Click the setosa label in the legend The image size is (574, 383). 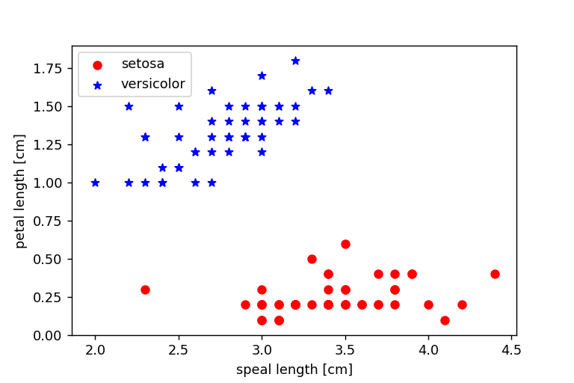[x=142, y=64]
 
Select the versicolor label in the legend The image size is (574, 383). [x=152, y=84]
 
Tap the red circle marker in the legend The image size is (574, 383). [x=97, y=65]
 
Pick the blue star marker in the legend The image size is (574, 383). [x=97, y=85]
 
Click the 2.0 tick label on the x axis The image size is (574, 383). [x=95, y=349]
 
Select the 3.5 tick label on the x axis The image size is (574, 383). [x=345, y=349]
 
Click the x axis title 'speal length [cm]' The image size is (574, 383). [x=294, y=370]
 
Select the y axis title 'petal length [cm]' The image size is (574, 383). [x=20, y=191]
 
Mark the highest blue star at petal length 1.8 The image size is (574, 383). [x=295, y=61]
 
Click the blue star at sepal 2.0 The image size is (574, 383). [x=95, y=183]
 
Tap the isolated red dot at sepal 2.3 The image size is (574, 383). [x=145, y=289]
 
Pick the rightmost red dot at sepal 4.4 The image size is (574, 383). [x=495, y=274]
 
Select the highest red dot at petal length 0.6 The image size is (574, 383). [x=345, y=244]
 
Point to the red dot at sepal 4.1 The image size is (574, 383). [x=445, y=320]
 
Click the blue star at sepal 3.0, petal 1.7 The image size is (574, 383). [x=262, y=76]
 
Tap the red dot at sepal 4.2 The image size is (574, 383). [x=462, y=304]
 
